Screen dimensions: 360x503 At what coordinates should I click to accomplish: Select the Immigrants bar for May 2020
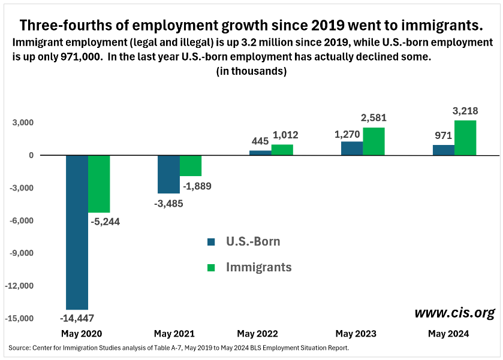(99, 184)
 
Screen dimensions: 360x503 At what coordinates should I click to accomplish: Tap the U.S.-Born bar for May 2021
(168, 174)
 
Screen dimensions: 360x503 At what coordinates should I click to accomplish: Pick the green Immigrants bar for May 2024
(465, 138)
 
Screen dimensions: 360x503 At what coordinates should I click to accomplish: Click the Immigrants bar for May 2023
(374, 141)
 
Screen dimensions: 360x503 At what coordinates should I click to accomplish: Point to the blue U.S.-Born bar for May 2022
(260, 153)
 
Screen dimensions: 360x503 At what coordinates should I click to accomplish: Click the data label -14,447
(77, 317)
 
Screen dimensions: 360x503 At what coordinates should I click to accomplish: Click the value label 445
(260, 141)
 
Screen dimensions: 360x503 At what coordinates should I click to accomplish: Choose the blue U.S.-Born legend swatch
(211, 242)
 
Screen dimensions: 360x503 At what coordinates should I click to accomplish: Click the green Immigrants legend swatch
(211, 267)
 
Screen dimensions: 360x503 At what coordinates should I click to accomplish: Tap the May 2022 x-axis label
(257, 333)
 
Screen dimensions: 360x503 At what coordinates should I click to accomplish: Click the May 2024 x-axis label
(449, 333)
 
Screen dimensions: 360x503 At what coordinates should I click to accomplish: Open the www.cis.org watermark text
(454, 313)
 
